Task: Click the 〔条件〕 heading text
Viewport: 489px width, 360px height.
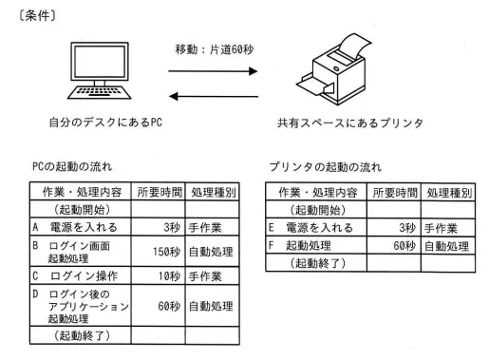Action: point(37,15)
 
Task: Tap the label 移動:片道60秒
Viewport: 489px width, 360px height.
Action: point(215,49)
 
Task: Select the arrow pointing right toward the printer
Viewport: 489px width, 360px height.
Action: point(213,71)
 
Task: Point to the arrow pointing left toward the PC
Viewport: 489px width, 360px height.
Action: point(214,96)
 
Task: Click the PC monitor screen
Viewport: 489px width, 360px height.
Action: point(100,62)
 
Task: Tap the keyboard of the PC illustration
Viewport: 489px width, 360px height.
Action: point(99,92)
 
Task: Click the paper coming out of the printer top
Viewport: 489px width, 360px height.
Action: point(352,47)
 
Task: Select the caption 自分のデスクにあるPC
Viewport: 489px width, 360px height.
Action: point(105,123)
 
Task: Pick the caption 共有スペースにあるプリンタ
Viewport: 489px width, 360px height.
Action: point(350,123)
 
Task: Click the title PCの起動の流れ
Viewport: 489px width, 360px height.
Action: point(72,166)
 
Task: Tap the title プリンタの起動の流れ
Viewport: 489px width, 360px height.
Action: point(326,167)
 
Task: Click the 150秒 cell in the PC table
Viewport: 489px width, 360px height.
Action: point(166,252)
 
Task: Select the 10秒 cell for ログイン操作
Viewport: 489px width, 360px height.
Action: point(169,276)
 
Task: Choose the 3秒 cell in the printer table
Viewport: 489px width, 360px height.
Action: point(407,228)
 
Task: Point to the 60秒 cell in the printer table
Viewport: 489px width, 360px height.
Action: point(404,246)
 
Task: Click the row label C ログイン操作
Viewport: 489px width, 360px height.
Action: point(75,276)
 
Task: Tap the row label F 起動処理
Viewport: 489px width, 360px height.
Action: point(299,246)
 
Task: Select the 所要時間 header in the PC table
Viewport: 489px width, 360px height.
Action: point(160,192)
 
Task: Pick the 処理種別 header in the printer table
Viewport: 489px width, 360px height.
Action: point(449,193)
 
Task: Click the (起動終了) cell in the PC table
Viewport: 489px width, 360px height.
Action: point(82,335)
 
